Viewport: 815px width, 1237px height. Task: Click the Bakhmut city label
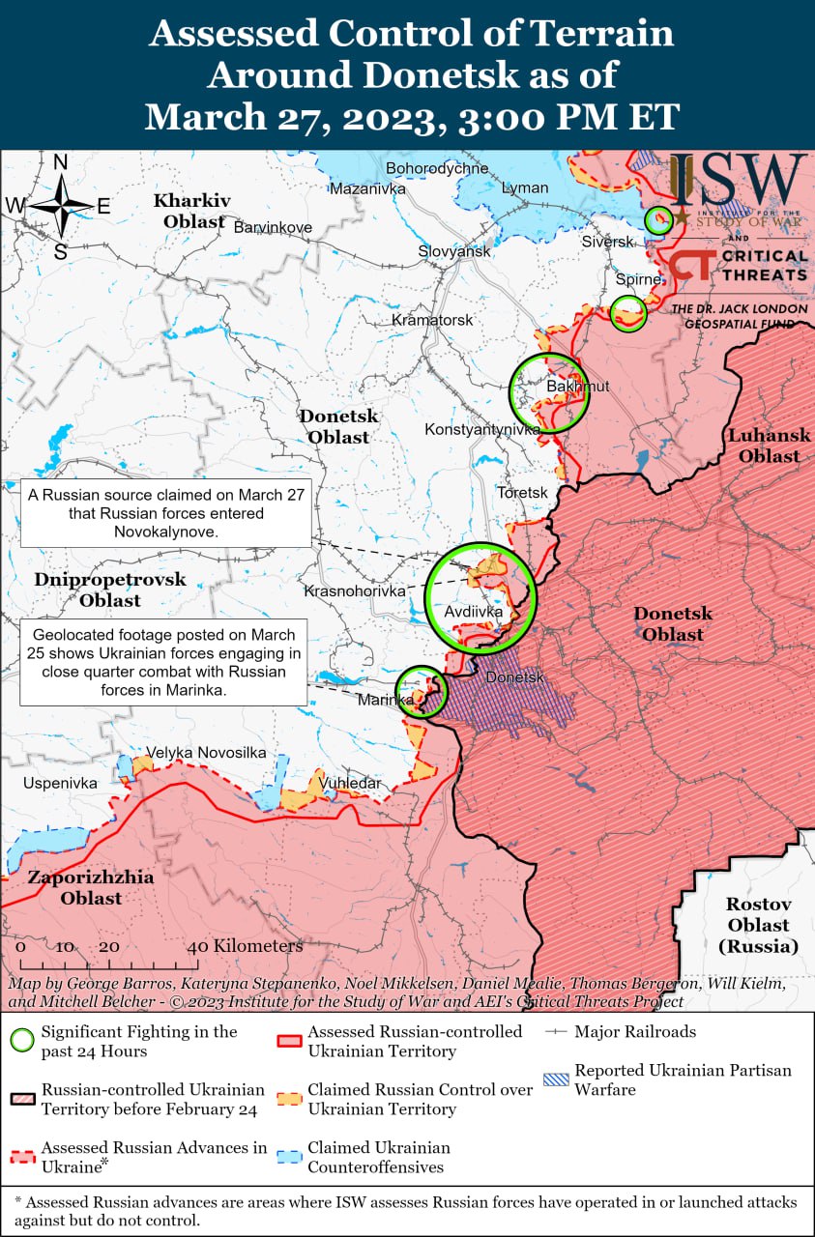577,387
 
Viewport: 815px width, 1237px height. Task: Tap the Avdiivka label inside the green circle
473,612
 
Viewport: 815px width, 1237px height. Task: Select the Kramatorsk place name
432,319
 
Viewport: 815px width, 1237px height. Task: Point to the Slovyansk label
454,250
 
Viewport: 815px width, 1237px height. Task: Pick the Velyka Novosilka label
206,752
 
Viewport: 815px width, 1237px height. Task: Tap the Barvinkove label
273,226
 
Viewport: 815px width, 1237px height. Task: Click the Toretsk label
522,492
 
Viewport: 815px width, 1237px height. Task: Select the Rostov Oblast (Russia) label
759,925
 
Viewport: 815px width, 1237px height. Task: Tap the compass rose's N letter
60,162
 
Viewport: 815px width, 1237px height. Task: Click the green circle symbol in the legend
22,1041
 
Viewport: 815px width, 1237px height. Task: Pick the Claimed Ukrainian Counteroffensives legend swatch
289,1157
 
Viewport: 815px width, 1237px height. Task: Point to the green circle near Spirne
628,312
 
